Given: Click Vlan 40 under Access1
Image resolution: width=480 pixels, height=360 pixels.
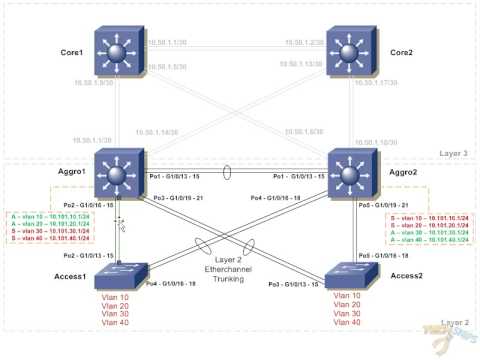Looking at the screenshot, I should tap(119, 322).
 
